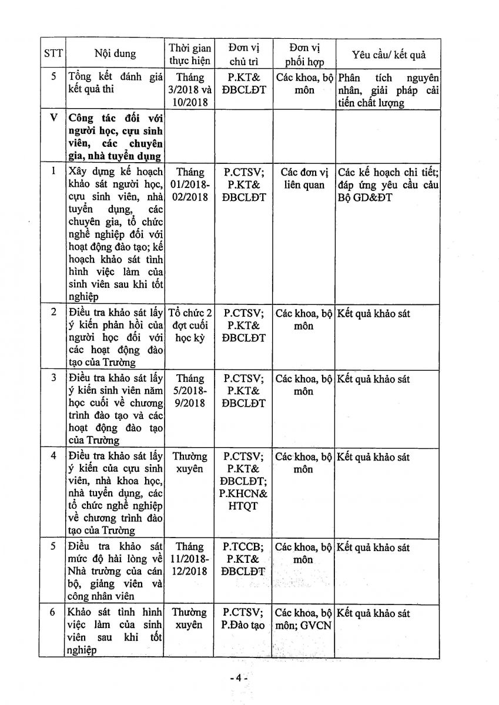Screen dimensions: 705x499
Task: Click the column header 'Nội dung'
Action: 115,54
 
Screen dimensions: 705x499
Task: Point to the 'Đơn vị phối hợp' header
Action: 304,54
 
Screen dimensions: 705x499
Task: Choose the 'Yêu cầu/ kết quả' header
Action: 389,55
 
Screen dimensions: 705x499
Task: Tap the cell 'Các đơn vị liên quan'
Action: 304,179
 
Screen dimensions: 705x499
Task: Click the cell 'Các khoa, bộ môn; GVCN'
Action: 304,619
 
